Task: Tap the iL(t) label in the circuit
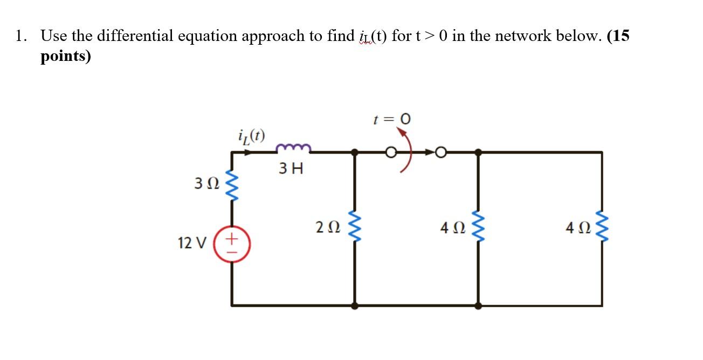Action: [x=251, y=135]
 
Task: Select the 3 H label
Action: [x=291, y=169]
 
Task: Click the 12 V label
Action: [x=191, y=243]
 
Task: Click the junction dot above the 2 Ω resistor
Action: [x=355, y=153]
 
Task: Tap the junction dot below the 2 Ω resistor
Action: [x=355, y=306]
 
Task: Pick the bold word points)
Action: [x=66, y=57]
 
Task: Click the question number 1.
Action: [x=20, y=36]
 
